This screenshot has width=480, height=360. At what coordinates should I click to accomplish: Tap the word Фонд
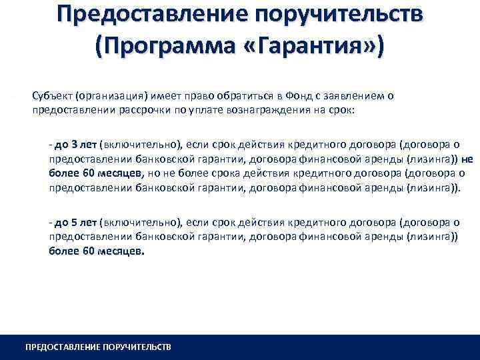point(274,95)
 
